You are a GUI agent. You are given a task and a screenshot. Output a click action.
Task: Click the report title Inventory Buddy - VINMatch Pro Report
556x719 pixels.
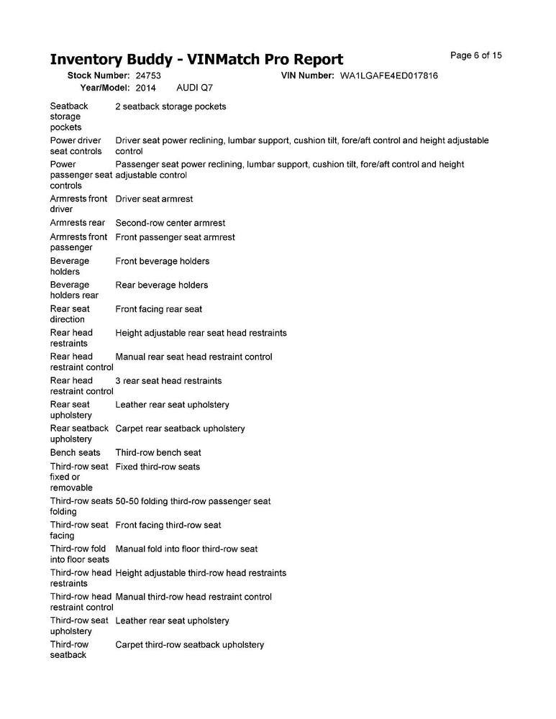[196, 59]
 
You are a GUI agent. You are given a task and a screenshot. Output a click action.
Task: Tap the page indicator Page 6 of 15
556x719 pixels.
[475, 55]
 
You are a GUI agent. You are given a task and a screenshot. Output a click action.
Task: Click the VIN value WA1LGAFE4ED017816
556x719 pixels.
[389, 75]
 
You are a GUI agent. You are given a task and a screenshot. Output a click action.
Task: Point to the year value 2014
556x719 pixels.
[145, 88]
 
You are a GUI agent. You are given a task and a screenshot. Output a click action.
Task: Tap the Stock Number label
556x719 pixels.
[98, 75]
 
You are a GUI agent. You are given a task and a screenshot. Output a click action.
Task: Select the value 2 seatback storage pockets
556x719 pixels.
[170, 106]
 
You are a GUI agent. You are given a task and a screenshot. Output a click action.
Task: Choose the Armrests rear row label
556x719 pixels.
[78, 223]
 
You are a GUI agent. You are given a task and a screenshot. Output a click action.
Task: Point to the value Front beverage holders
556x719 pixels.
[162, 261]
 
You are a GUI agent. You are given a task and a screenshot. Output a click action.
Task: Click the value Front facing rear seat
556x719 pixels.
[158, 309]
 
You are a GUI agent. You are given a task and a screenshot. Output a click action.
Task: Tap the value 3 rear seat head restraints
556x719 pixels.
[168, 380]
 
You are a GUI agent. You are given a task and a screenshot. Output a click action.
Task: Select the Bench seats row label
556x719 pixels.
[75, 453]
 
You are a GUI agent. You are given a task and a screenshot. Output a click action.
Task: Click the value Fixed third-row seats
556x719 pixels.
[158, 467]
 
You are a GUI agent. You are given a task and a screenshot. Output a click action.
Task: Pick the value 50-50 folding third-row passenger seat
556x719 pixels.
[193, 501]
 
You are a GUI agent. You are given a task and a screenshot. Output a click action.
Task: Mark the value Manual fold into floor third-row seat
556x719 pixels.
[186, 549]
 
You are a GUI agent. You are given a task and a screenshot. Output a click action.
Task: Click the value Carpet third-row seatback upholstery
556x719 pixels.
[189, 645]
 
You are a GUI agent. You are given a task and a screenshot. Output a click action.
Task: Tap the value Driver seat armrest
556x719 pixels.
[154, 198]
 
